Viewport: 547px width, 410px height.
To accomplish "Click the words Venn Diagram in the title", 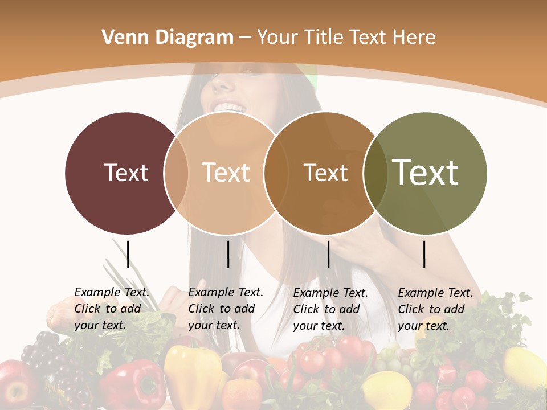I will tap(168, 38).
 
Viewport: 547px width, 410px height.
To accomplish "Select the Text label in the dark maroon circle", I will tap(126, 173).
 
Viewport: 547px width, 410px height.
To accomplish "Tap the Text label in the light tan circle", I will tap(226, 173).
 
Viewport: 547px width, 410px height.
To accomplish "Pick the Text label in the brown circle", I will tap(325, 173).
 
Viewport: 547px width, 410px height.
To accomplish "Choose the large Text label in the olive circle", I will tap(426, 172).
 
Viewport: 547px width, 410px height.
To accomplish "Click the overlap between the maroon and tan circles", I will tap(176, 173).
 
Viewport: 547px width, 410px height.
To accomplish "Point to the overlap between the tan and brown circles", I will tap(276, 173).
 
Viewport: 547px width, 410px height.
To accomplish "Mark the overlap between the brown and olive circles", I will tap(375, 173).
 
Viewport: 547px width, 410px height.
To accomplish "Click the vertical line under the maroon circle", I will tap(128, 254).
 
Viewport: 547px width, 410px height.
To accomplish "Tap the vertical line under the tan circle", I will tap(228, 254).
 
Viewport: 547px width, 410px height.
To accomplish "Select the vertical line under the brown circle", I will tap(328, 254).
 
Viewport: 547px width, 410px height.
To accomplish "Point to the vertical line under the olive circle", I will tap(424, 254).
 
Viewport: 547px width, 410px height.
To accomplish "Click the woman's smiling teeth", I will tap(228, 107).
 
